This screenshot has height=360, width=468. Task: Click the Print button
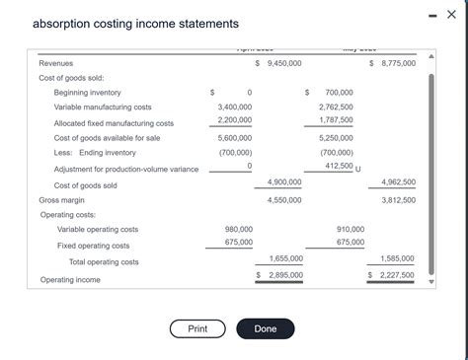pos(197,328)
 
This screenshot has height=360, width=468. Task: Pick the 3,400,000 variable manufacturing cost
pos(234,106)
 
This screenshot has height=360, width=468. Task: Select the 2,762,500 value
pos(336,106)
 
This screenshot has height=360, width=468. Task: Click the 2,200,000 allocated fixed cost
pos(234,120)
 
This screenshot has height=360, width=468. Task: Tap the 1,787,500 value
pos(336,120)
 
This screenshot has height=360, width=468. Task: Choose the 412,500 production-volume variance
pos(336,167)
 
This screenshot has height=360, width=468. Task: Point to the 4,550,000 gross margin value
pos(284,199)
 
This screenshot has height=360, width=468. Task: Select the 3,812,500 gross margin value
pos(398,199)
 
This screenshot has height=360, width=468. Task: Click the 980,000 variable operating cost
pos(239,229)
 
